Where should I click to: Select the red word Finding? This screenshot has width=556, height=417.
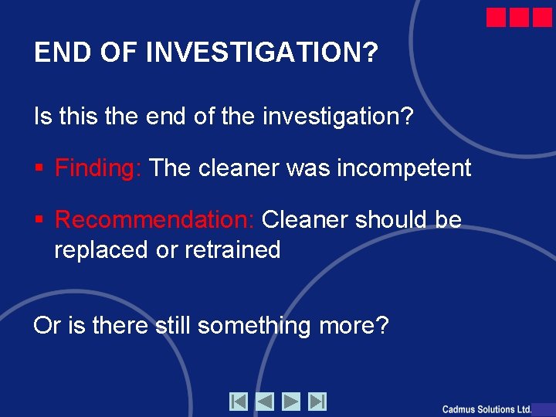[x=98, y=168]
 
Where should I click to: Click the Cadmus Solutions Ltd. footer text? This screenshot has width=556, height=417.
[x=486, y=409]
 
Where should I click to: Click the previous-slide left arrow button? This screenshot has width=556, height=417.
[x=265, y=402]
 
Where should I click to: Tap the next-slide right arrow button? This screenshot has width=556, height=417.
[x=291, y=402]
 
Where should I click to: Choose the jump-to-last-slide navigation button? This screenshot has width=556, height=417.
[x=317, y=402]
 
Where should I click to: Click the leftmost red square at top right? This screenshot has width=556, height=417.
[x=497, y=18]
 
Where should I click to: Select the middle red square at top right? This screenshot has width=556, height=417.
[x=519, y=18]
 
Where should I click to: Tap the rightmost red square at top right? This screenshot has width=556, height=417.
[x=542, y=18]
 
